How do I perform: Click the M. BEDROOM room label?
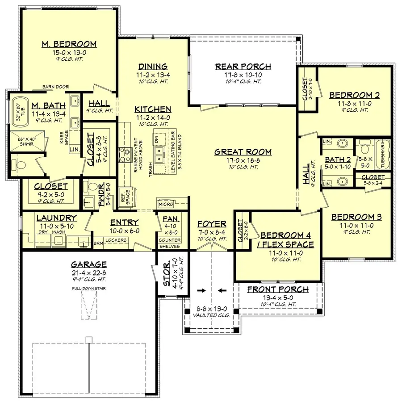pyautogui.click(x=69, y=44)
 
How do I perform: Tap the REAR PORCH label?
pyautogui.click(x=243, y=67)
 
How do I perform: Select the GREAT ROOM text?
pyautogui.click(x=243, y=152)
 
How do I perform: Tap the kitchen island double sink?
pyautogui.click(x=160, y=155)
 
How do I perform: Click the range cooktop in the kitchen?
pyautogui.click(x=123, y=155)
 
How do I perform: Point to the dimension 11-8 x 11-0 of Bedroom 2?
pyautogui.click(x=354, y=103)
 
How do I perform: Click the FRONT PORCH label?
pyautogui.click(x=278, y=290)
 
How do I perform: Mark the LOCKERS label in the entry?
pyautogui.click(x=116, y=240)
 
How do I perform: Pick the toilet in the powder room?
pyautogui.click(x=93, y=185)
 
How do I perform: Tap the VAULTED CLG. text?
pyautogui.click(x=211, y=315)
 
